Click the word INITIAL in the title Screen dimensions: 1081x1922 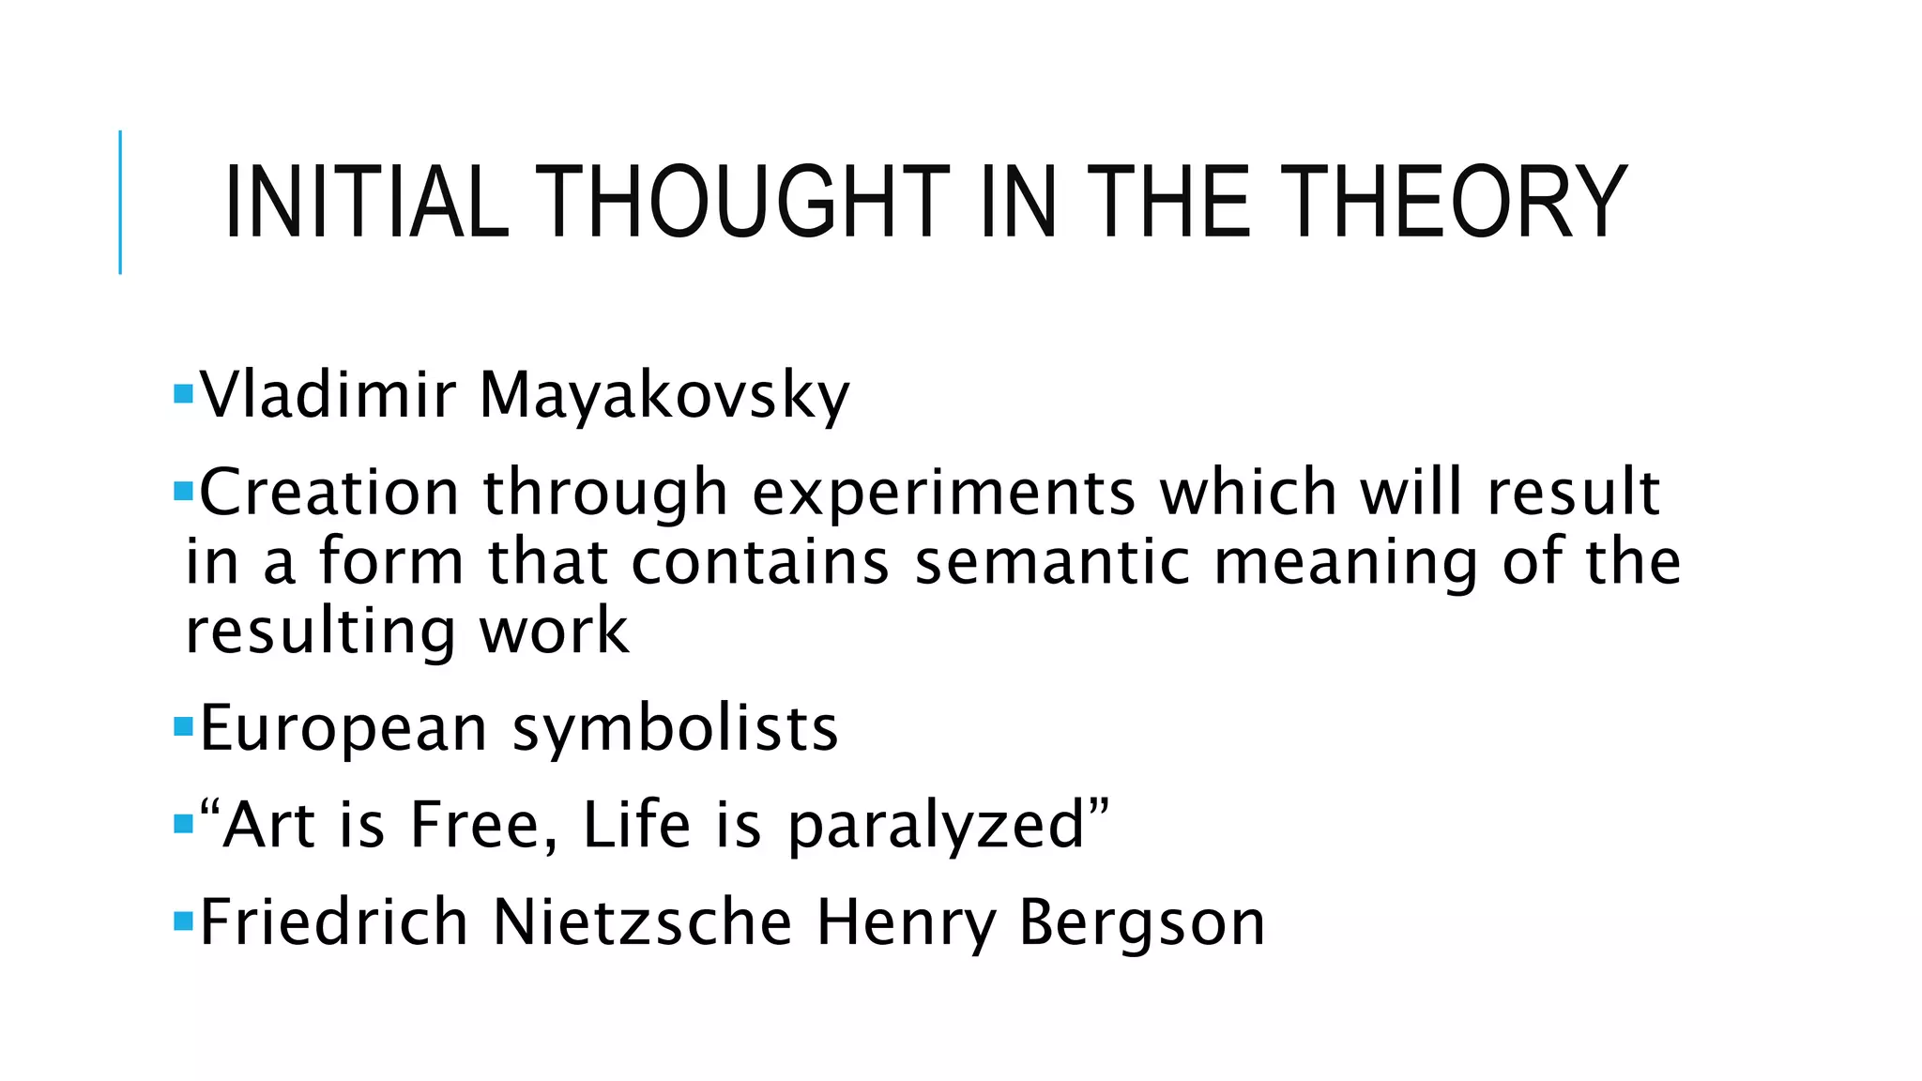pyautogui.click(x=366, y=203)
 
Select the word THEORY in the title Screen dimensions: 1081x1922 pyautogui.click(x=1453, y=203)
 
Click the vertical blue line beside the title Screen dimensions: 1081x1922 pyautogui.click(x=120, y=202)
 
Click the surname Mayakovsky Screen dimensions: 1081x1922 pyautogui.click(x=664, y=396)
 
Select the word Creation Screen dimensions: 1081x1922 pyautogui.click(x=329, y=492)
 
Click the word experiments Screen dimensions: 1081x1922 pyautogui.click(x=944, y=494)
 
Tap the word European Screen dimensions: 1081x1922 pyautogui.click(x=343, y=729)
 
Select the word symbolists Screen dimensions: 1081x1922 pyautogui.click(x=675, y=729)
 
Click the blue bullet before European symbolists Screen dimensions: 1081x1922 pyautogui.click(x=183, y=725)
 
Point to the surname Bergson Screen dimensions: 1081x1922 pyautogui.click(x=1142, y=923)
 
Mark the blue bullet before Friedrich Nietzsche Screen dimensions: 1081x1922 pyautogui.click(x=183, y=918)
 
